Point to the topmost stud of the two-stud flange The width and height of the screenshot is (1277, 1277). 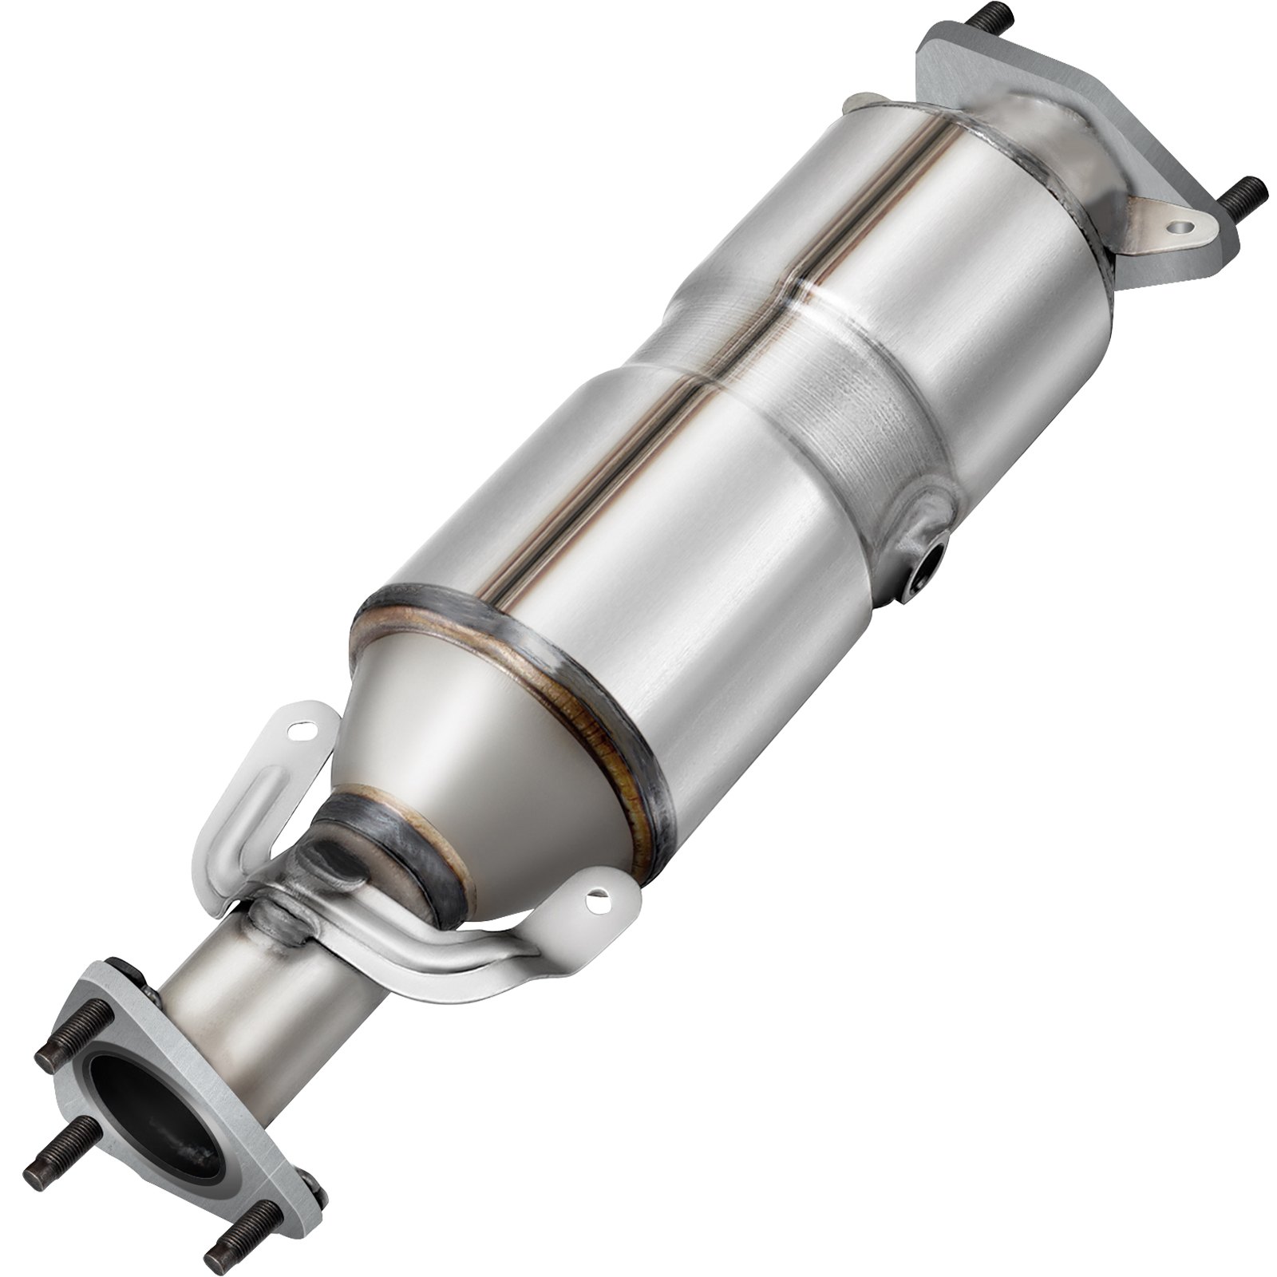959,15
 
